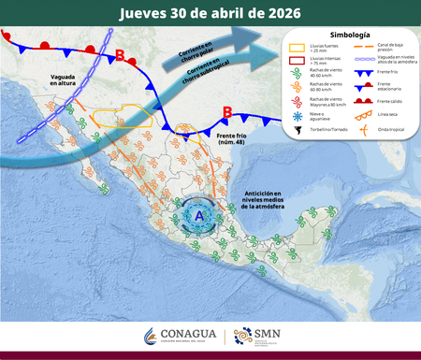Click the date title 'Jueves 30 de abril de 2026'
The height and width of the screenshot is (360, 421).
[210, 13]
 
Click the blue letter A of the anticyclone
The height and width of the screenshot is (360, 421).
[198, 216]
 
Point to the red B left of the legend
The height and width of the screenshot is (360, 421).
[226, 114]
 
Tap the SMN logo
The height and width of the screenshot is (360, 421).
[254, 335]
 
